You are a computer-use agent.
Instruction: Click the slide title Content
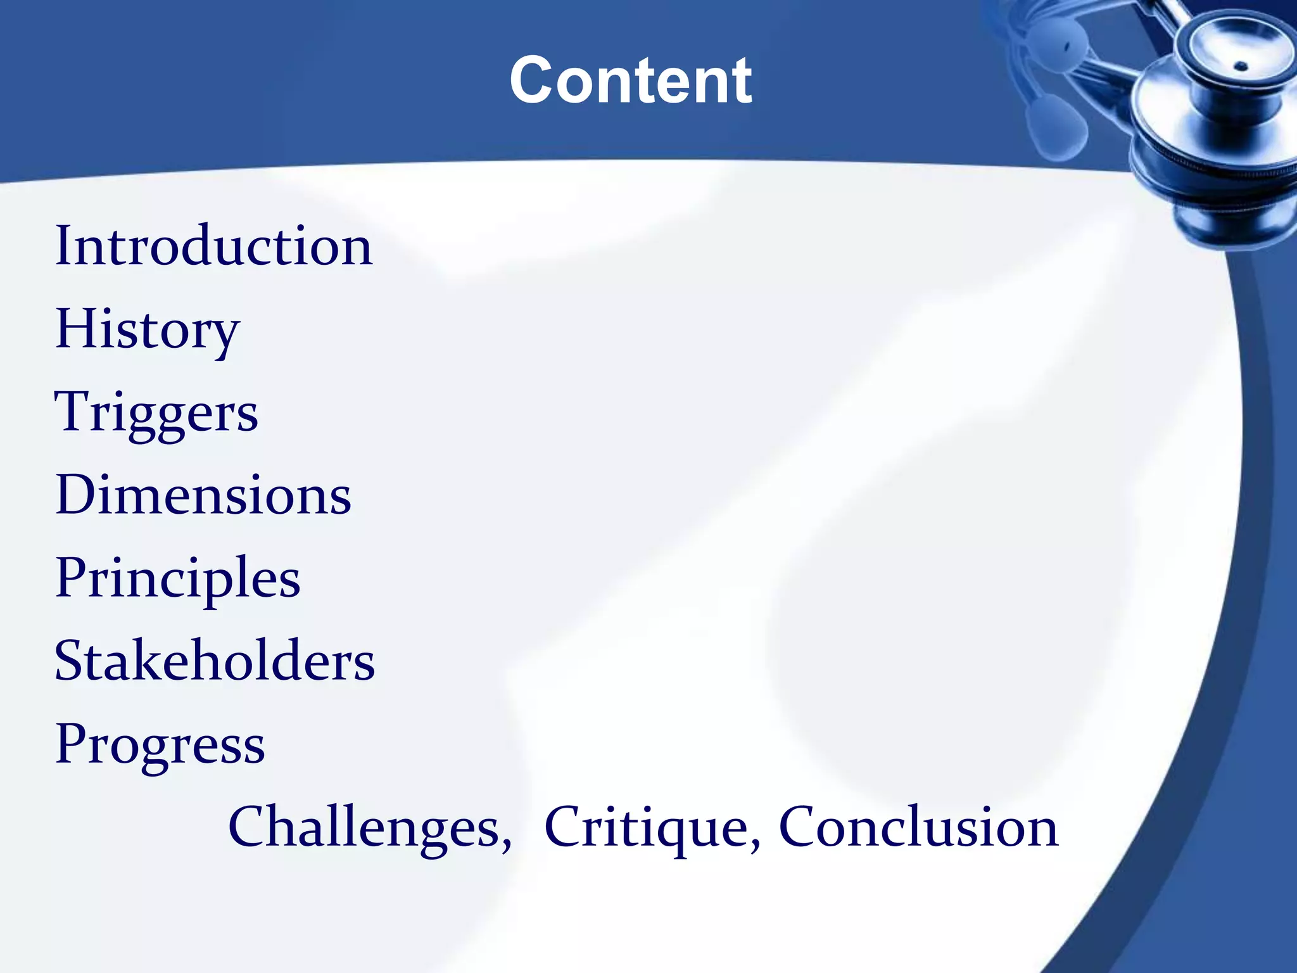pyautogui.click(x=631, y=80)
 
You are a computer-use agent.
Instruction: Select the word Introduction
pyautogui.click(x=214, y=246)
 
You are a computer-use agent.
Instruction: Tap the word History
pyautogui.click(x=148, y=329)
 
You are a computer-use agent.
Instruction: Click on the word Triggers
pyautogui.click(x=156, y=413)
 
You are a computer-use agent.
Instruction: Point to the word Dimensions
pyautogui.click(x=203, y=495)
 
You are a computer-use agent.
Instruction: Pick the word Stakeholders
pyautogui.click(x=215, y=661)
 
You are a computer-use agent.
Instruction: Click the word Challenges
pyautogui.click(x=366, y=827)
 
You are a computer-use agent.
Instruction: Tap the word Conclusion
pyautogui.click(x=918, y=827)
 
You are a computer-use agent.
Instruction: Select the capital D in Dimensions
pyautogui.click(x=75, y=495)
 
